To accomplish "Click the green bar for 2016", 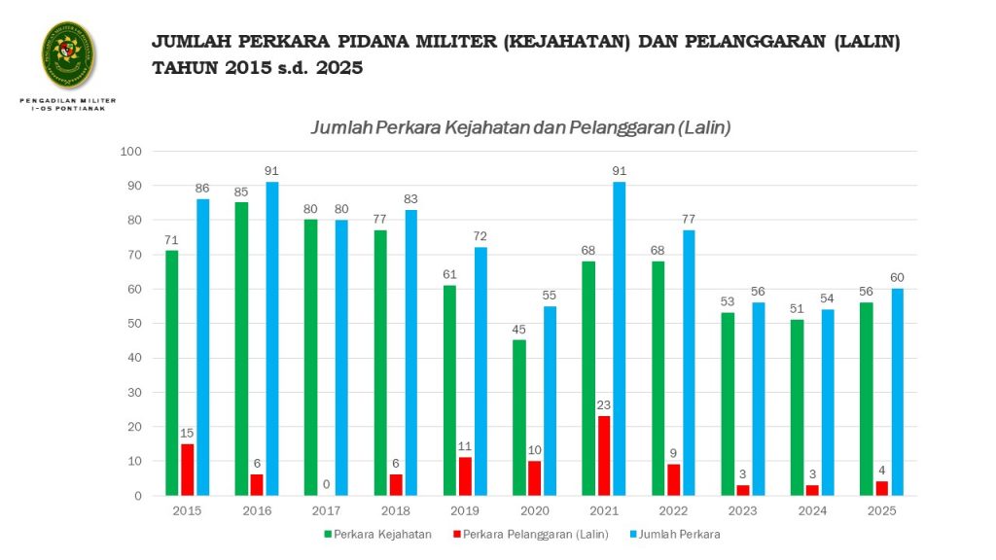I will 240,348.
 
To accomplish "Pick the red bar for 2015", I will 187,470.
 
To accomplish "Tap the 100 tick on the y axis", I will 131,152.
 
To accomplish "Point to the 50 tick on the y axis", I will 134,324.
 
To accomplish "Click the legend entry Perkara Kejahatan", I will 382,534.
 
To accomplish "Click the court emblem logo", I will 68,55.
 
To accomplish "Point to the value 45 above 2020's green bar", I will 518,330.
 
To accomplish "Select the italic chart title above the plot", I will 520,127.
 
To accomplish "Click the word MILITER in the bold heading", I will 445,42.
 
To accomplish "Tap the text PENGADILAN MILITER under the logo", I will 68,100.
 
